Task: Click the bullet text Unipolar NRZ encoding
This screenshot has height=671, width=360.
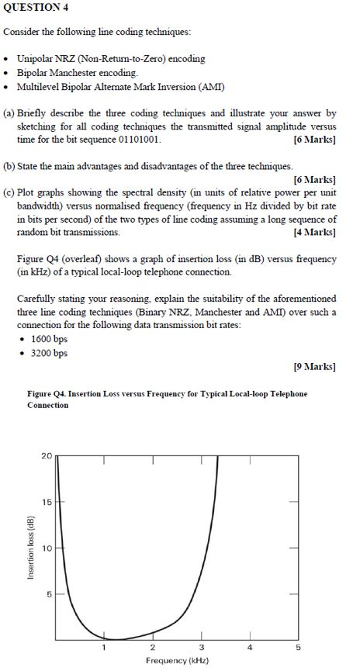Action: pos(111,58)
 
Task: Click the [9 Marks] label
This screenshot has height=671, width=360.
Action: pos(314,366)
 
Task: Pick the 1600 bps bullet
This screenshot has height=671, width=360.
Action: pos(49,340)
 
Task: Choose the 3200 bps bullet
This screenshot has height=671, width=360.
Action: pos(49,353)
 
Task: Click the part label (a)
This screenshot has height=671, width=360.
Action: pos(10,112)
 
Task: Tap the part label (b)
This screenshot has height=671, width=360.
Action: pos(10,166)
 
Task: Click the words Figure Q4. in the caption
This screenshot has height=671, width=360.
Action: pos(47,394)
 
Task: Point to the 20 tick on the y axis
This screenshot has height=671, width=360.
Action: pos(47,455)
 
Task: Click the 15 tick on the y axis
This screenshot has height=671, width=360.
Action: pos(47,502)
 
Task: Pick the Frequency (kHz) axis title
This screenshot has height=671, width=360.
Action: pos(176,661)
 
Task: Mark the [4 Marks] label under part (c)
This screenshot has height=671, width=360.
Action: pos(314,233)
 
